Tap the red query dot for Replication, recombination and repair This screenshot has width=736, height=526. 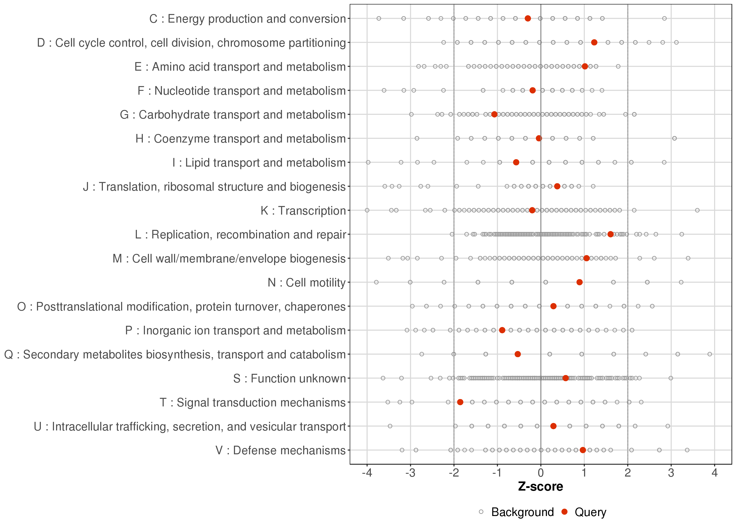(610, 234)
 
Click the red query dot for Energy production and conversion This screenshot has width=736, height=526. (528, 18)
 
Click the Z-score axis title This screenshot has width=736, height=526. (540, 487)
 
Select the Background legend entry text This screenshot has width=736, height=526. (522, 512)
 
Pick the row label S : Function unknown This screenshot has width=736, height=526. (289, 378)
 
